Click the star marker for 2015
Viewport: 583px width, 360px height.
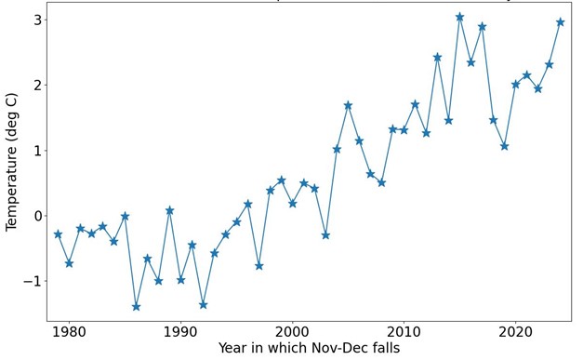tap(459, 17)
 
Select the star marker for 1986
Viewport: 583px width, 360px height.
tap(136, 306)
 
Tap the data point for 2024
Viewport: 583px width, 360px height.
tap(560, 22)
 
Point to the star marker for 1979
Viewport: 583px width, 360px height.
tap(58, 234)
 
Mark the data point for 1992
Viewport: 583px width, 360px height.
tap(203, 304)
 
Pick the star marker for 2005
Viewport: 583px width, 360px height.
tap(348, 105)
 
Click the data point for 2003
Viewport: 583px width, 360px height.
tap(325, 235)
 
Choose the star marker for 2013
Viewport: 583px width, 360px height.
tap(437, 58)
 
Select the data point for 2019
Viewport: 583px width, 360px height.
tap(504, 146)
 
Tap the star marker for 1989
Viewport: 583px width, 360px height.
tap(169, 210)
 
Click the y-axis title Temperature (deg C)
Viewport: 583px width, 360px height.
tap(11, 163)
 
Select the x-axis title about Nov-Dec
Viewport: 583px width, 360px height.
tap(309, 349)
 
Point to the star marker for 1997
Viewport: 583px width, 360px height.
tap(258, 266)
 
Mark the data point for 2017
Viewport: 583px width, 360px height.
tap(482, 27)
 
